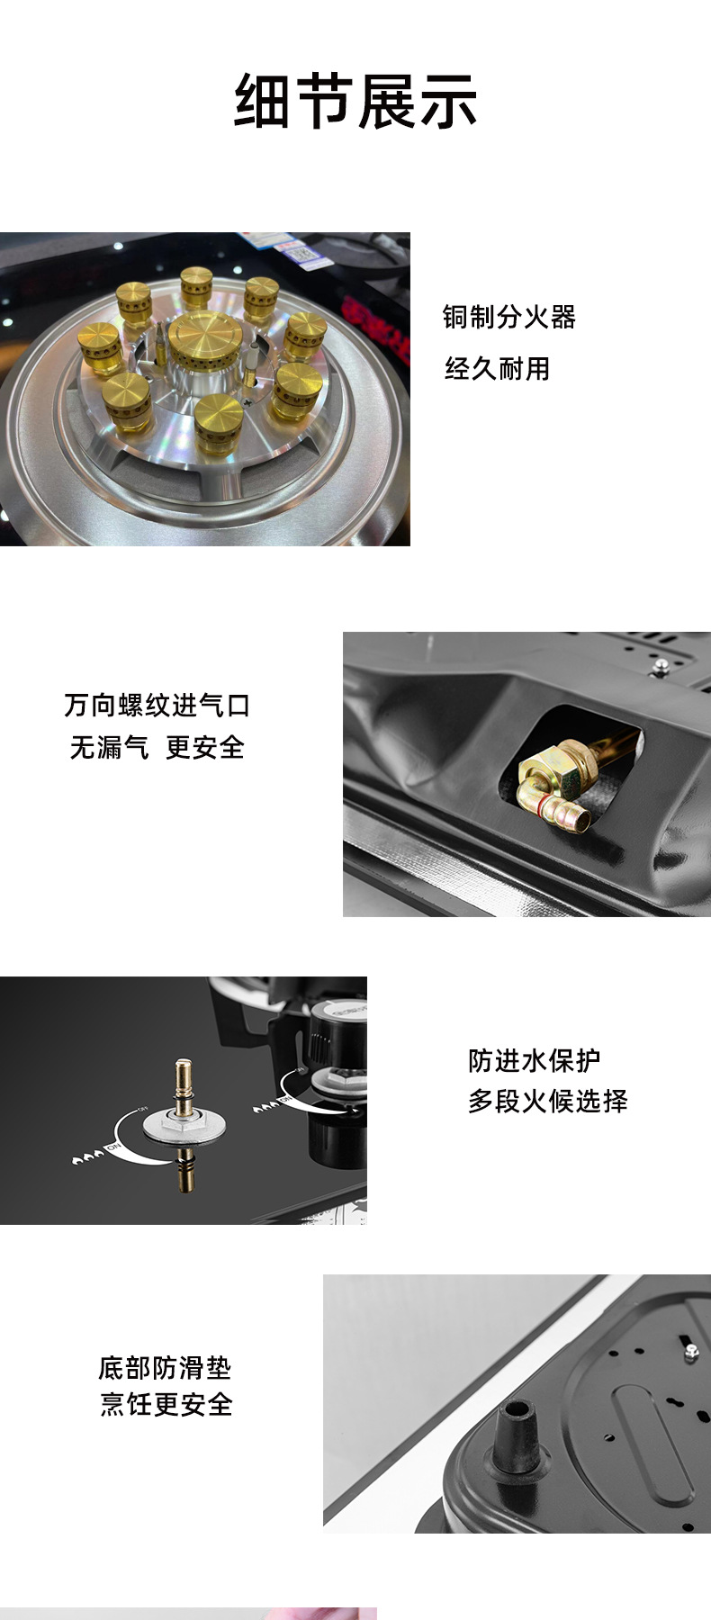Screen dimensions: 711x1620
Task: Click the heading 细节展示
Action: coord(355,100)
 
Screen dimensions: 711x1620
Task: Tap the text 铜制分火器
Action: coord(508,317)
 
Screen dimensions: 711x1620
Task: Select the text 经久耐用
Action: coord(497,368)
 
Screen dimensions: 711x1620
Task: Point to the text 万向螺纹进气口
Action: coord(157,705)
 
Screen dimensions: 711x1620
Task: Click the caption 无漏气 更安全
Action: coord(157,747)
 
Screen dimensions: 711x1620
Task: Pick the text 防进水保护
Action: coord(534,1060)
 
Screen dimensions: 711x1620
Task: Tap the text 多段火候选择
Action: coord(547,1101)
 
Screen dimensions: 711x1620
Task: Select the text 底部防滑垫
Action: coord(165,1368)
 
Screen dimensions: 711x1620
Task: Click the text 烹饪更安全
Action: coord(166,1404)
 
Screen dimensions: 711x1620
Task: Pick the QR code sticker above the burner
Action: coord(304,251)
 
